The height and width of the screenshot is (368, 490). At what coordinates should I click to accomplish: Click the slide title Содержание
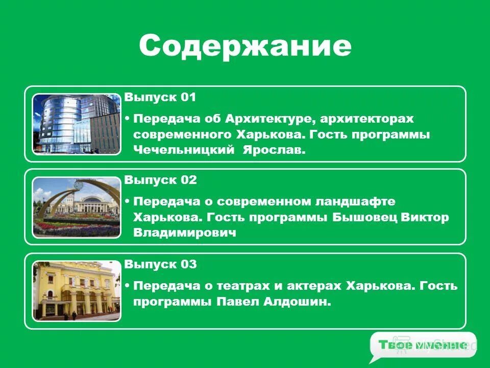tap(245, 46)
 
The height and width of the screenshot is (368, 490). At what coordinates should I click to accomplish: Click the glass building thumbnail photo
tap(77, 124)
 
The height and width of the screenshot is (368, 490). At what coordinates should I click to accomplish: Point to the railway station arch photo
tap(77, 207)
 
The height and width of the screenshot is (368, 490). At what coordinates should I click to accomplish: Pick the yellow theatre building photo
tap(77, 291)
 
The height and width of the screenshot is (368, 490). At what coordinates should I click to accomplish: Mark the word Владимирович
tap(185, 233)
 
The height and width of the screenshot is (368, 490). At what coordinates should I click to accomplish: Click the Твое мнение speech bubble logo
tap(422, 346)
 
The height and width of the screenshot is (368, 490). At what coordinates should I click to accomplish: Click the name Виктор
tap(425, 217)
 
